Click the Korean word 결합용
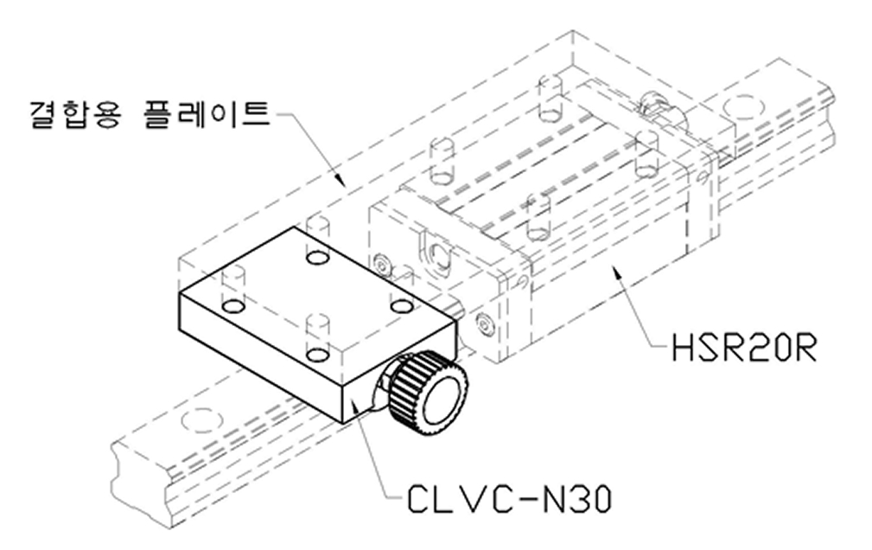75,113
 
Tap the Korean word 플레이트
207,113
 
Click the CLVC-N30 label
509,498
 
